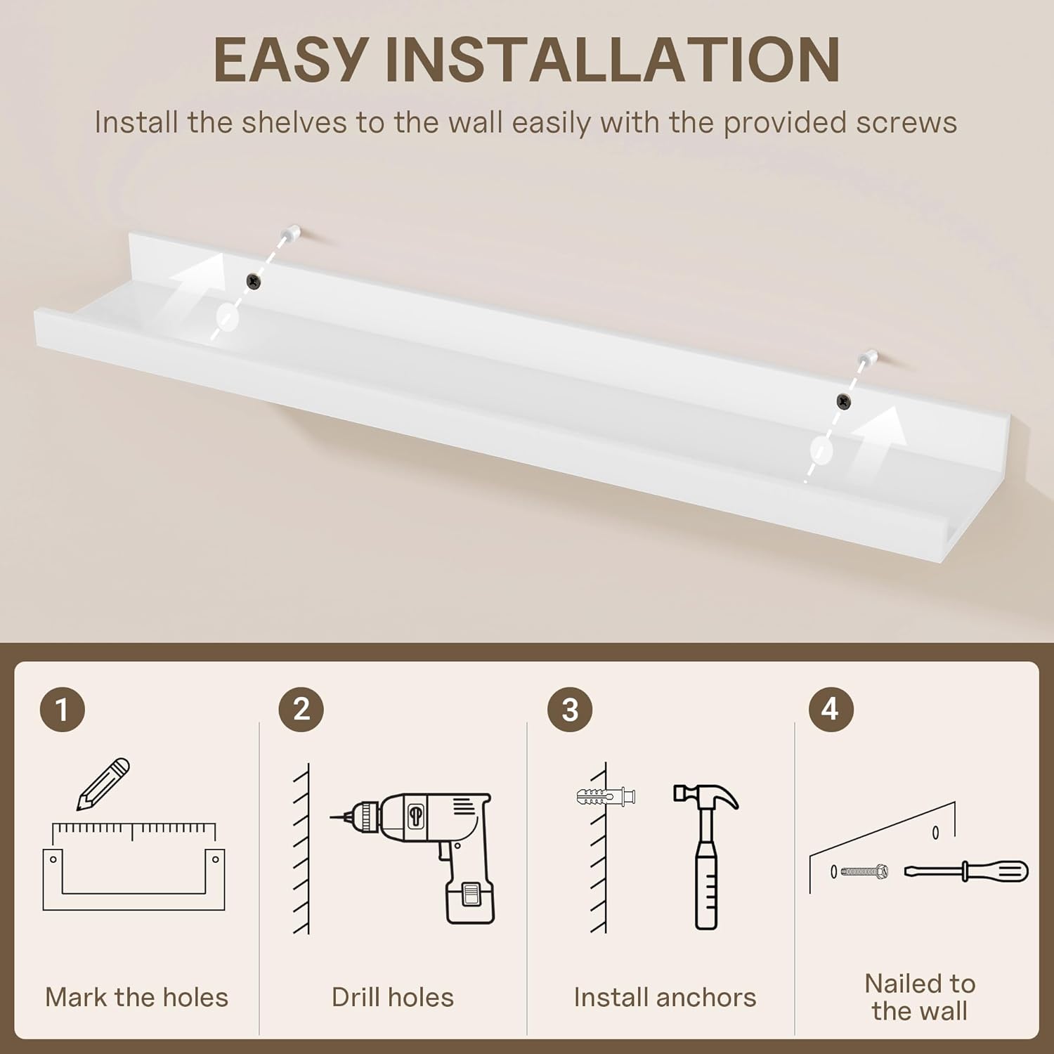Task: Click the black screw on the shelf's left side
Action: pos(254,281)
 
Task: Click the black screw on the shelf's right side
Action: pos(843,401)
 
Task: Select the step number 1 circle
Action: pos(63,710)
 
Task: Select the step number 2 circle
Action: pos(301,710)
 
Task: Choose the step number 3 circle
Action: pos(570,710)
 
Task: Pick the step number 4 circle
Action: pos(831,710)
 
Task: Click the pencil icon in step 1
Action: pos(103,784)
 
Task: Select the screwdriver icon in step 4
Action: pos(966,872)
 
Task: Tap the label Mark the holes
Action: pos(137,997)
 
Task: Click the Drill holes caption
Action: pos(393,997)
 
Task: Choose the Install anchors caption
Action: pos(665,997)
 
